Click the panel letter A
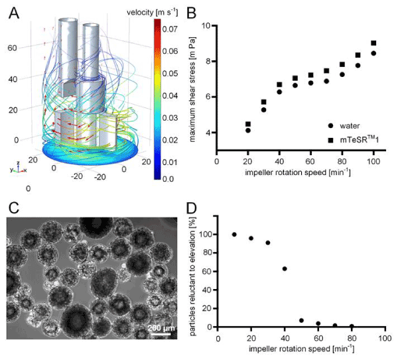coord(13,11)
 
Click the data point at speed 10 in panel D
coord(234,235)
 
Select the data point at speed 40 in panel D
coord(285,269)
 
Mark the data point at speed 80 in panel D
coord(352,326)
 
